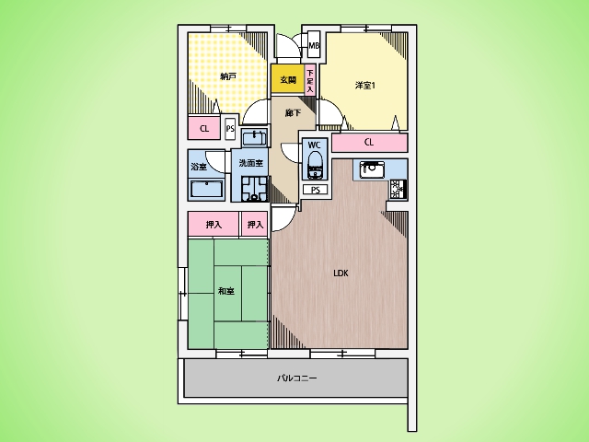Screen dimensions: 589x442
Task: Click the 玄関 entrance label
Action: [x=288, y=80]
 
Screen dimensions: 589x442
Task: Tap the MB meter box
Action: [x=314, y=45]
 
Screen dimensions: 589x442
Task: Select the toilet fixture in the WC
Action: [x=315, y=165]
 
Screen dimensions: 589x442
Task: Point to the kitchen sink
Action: [x=372, y=169]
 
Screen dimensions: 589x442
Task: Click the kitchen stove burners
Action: [x=398, y=189]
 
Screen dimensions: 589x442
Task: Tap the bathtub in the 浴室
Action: [x=206, y=189]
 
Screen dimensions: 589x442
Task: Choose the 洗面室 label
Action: [x=251, y=163]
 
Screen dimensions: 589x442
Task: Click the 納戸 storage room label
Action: [x=228, y=76]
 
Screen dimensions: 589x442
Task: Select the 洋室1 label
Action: [x=365, y=86]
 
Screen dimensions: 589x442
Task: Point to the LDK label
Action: [x=341, y=273]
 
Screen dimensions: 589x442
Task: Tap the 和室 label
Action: [x=226, y=291]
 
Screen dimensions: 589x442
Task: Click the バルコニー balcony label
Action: [x=296, y=378]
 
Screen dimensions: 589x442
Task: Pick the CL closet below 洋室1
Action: [x=370, y=142]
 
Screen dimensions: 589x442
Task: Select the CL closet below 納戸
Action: [x=204, y=128]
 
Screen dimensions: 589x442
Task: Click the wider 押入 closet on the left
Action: [x=214, y=225]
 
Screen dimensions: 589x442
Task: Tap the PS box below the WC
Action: [x=316, y=190]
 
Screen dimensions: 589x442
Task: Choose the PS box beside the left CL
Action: [x=230, y=129]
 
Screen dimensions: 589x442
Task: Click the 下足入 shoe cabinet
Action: [x=310, y=80]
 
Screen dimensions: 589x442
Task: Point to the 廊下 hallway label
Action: [x=293, y=112]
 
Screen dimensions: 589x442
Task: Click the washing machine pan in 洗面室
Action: [x=254, y=189]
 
